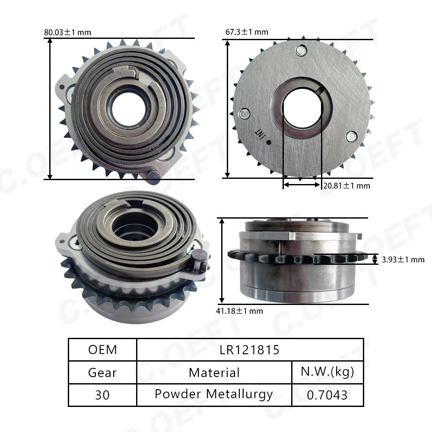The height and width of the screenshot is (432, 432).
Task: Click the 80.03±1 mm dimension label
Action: click(67, 32)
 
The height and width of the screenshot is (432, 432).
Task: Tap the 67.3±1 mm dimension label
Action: click(247, 32)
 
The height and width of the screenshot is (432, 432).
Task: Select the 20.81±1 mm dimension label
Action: click(346, 186)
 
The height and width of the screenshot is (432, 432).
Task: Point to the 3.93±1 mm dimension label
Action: click(403, 260)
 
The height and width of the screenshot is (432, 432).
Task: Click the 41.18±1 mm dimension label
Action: click(239, 311)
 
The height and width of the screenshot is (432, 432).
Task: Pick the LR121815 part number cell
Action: click(250, 350)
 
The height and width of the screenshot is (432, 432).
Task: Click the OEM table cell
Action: click(102, 350)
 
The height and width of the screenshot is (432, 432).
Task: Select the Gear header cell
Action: click(102, 373)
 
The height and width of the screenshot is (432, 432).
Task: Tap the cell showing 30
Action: click(102, 395)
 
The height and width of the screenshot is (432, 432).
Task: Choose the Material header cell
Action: click(214, 373)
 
